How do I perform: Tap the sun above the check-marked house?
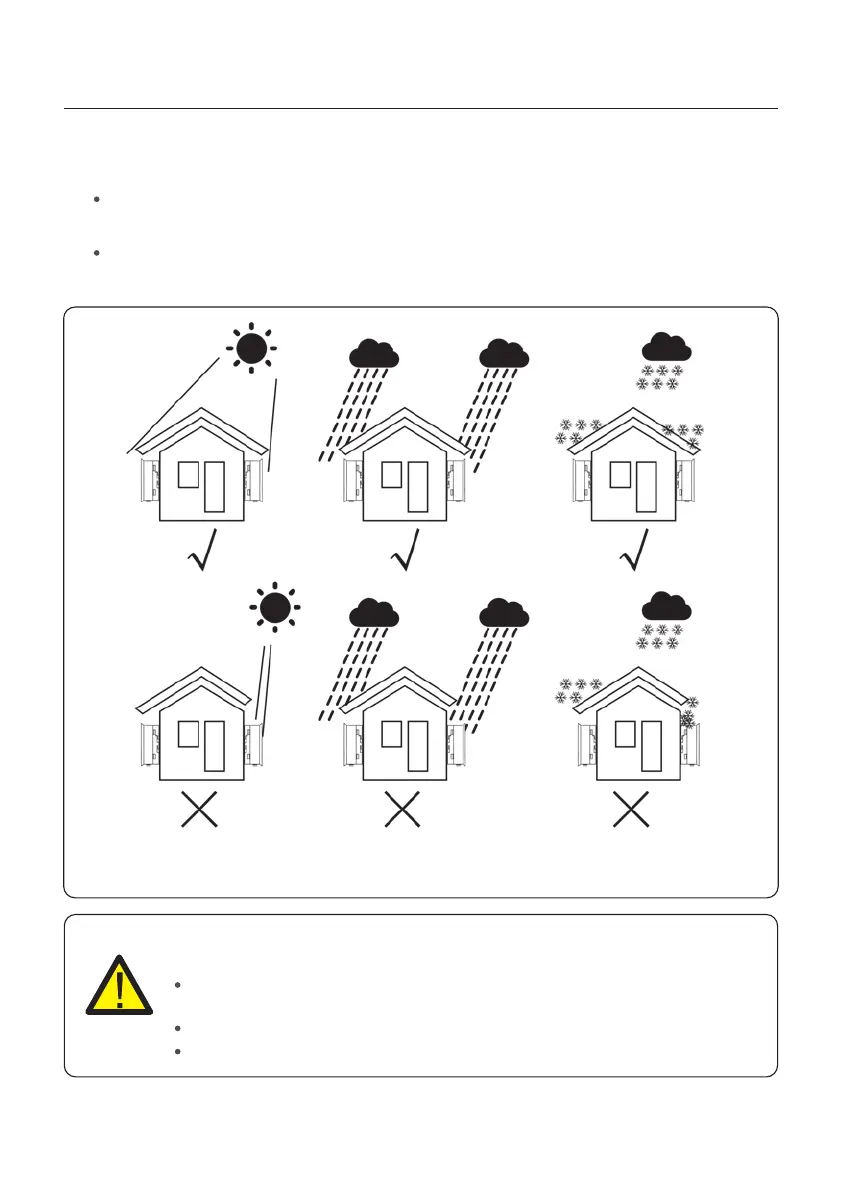click(x=251, y=347)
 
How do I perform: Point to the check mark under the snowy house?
click(x=636, y=551)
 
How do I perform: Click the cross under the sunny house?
click(x=199, y=809)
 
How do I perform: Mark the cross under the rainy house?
click(x=401, y=809)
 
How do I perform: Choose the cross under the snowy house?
click(x=631, y=809)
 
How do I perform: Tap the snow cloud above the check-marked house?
click(x=666, y=347)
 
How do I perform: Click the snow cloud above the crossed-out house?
click(x=666, y=606)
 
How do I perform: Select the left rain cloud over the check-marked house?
click(x=374, y=353)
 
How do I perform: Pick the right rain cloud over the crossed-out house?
click(x=504, y=612)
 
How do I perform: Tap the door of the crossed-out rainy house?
click(x=417, y=745)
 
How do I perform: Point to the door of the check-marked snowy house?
click(x=645, y=489)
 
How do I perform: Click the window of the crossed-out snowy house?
click(x=624, y=734)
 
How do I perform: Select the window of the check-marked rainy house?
click(x=392, y=475)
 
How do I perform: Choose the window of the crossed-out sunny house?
click(x=188, y=734)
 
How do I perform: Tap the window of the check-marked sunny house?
click(x=188, y=475)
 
